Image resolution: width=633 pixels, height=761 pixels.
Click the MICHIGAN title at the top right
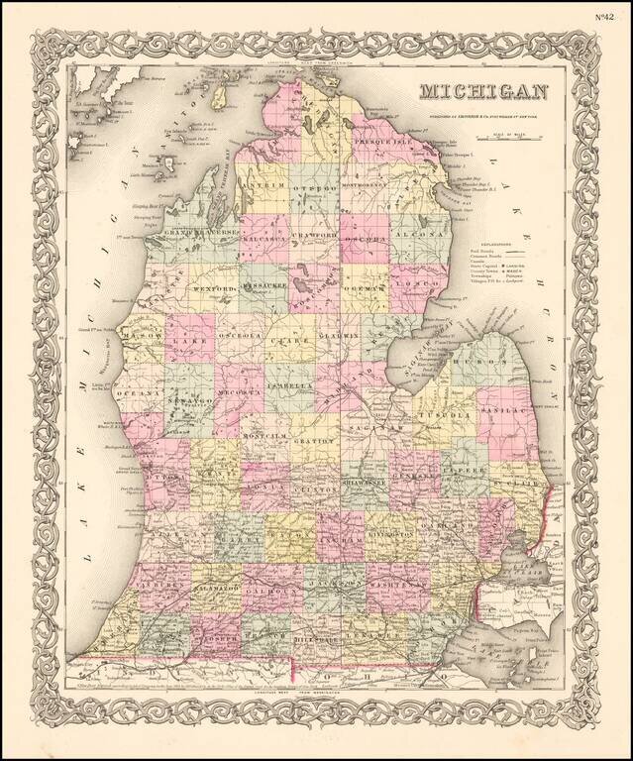point(484,92)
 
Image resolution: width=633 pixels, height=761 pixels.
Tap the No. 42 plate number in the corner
point(607,17)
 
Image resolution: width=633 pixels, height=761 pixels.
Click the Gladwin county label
point(365,337)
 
